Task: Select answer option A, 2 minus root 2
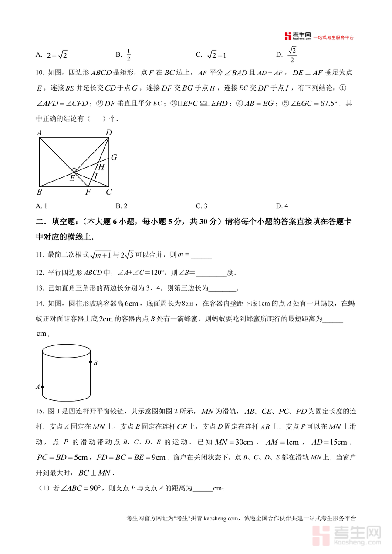pos(57,55)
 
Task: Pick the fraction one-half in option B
pos(129,55)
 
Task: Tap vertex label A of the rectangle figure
pos(39,133)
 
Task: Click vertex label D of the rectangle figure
pos(109,133)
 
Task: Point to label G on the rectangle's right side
pos(114,158)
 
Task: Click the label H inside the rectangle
pos(101,166)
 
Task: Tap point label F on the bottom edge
pos(88,192)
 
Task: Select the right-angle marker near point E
pos(74,170)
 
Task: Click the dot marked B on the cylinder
pos(91,362)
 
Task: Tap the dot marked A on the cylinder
pos(42,386)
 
